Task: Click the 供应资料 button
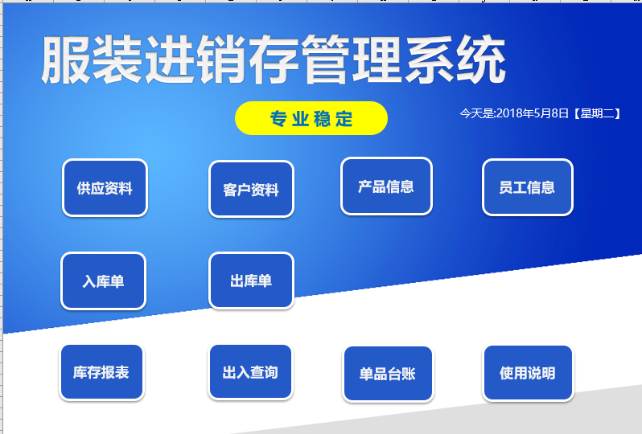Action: (105, 188)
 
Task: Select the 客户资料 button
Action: (251, 189)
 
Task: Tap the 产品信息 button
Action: (386, 186)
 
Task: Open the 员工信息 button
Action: (528, 187)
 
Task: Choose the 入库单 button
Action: (103, 281)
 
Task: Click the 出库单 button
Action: (251, 280)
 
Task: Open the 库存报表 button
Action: (101, 372)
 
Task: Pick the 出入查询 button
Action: (250, 372)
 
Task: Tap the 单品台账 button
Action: (388, 374)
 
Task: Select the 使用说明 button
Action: (529, 373)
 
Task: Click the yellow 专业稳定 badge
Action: (311, 118)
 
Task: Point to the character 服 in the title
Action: (65, 59)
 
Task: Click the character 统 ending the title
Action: (481, 59)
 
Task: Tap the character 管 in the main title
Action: (326, 59)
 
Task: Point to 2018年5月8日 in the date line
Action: (533, 113)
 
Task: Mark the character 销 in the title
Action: (222, 59)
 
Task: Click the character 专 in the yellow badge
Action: (278, 119)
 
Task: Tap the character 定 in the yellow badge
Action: (344, 119)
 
